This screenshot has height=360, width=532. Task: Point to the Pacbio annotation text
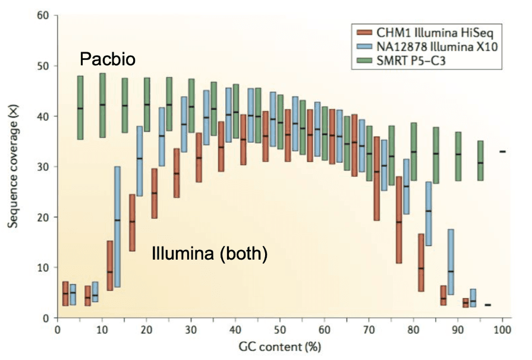(108, 59)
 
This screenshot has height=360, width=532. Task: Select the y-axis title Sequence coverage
(12, 173)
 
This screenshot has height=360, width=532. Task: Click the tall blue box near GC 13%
(118, 226)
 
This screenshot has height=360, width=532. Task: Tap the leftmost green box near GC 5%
(80, 108)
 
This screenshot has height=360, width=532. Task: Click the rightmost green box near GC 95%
(480, 160)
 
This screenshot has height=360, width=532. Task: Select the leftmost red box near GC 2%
(65, 293)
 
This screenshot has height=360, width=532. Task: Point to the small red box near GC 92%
(465, 302)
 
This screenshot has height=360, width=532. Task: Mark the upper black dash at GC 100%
(502, 151)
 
